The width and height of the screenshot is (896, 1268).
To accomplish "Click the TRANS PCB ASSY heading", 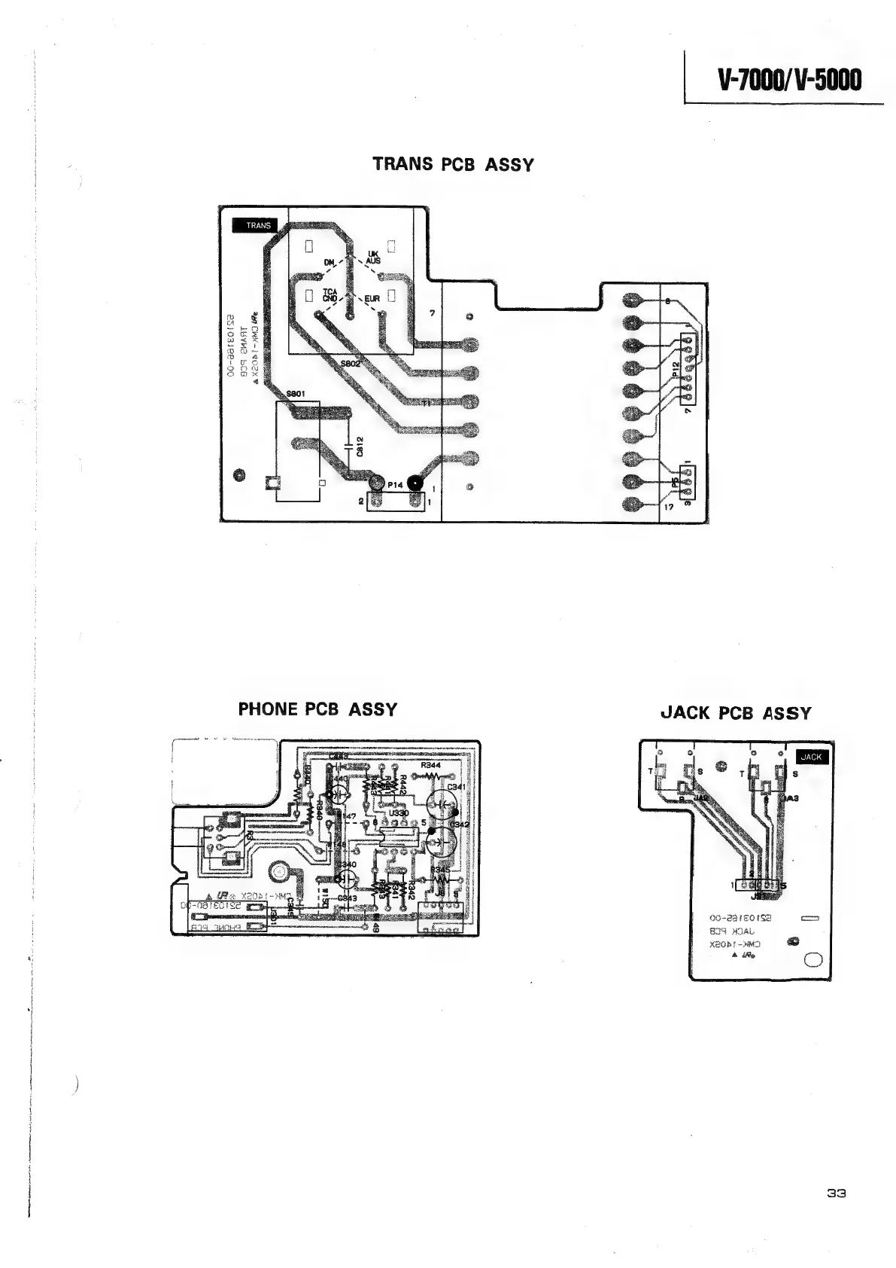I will point(454,164).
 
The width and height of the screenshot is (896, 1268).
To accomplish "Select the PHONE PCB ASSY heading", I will point(317,709).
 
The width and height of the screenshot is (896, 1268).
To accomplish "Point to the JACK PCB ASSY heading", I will point(736,713).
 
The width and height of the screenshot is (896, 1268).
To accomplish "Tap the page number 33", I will point(837,1193).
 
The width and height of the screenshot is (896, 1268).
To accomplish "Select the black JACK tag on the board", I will point(810,757).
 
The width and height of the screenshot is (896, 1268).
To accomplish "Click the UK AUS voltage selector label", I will point(374,257).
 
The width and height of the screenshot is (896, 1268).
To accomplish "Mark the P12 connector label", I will point(675,368).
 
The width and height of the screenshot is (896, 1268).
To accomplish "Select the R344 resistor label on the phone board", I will point(430,765).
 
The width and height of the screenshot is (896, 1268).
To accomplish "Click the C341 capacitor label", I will point(457,788).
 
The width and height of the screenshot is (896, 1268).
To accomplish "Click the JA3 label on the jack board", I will point(790,798).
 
